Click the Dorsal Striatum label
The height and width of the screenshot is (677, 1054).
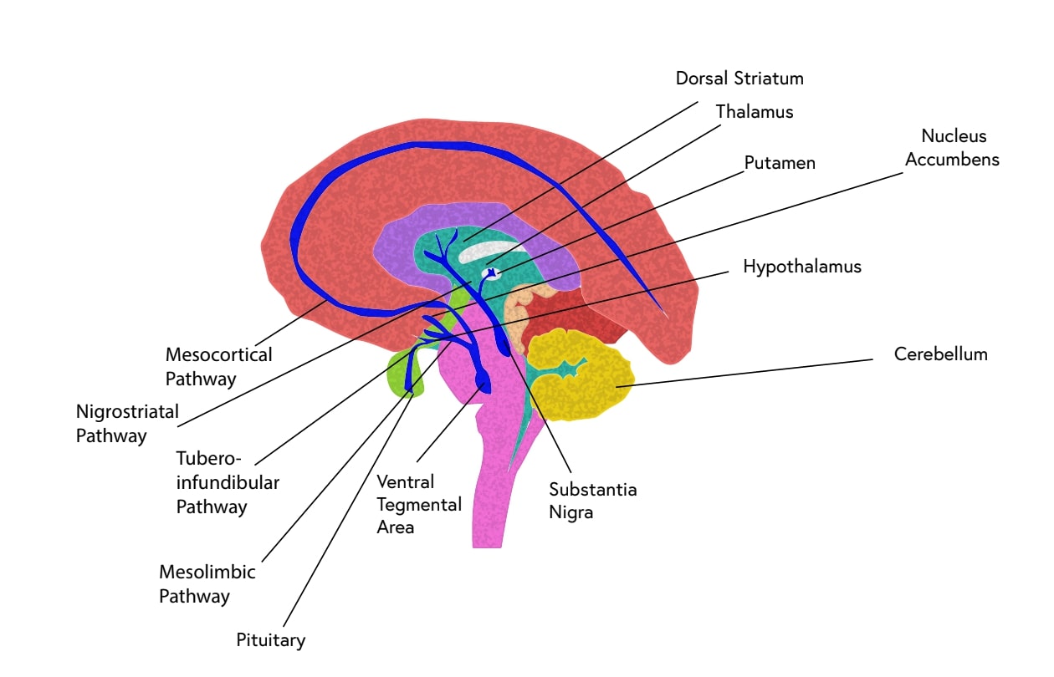click(739, 79)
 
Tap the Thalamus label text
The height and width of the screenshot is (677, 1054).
click(755, 111)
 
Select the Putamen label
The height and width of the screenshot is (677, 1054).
click(780, 163)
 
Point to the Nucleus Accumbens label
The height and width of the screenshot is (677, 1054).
click(952, 147)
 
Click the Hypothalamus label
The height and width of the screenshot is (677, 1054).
click(801, 267)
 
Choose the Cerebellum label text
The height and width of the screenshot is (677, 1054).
click(940, 354)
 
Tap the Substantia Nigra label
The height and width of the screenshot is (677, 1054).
click(592, 501)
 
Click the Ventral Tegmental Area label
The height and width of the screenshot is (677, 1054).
click(418, 505)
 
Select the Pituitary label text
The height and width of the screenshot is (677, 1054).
click(270, 640)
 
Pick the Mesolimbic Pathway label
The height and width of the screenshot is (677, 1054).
click(207, 584)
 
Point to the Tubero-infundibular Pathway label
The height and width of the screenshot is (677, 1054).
click(228, 482)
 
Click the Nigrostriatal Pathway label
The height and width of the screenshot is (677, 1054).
click(129, 423)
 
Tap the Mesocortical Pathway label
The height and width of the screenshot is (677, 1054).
click(218, 366)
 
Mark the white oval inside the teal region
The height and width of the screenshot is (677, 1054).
click(494, 252)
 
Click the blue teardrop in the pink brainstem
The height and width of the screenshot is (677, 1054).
click(484, 383)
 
